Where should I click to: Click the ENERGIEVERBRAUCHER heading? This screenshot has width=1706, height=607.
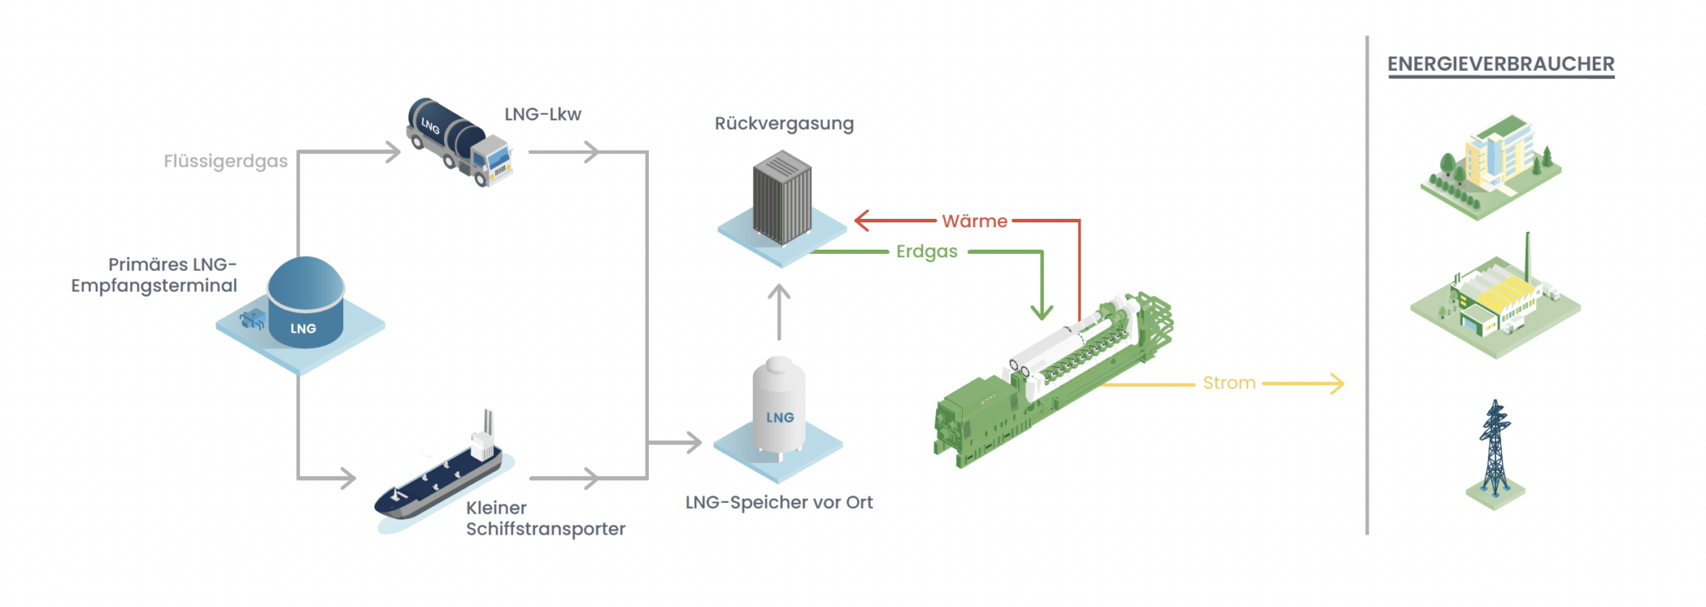pos(1500,64)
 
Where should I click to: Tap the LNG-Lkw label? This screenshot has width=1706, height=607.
pos(542,114)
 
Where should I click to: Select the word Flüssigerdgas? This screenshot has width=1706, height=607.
pos(225,161)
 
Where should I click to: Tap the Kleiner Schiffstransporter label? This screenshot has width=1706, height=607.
pos(545,518)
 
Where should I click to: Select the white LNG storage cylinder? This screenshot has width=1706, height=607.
pos(779,408)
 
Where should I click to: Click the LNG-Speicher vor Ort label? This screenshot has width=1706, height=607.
pos(779,502)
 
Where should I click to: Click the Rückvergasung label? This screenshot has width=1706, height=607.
pos(784,123)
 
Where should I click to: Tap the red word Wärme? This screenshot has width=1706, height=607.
pos(975,221)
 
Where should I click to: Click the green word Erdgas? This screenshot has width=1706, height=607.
pos(926,251)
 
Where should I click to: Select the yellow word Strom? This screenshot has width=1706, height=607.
pos(1229,383)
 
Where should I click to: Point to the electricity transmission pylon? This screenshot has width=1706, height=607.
pos(1495,450)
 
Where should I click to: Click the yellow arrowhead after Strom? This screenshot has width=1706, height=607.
pos(1337,383)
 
